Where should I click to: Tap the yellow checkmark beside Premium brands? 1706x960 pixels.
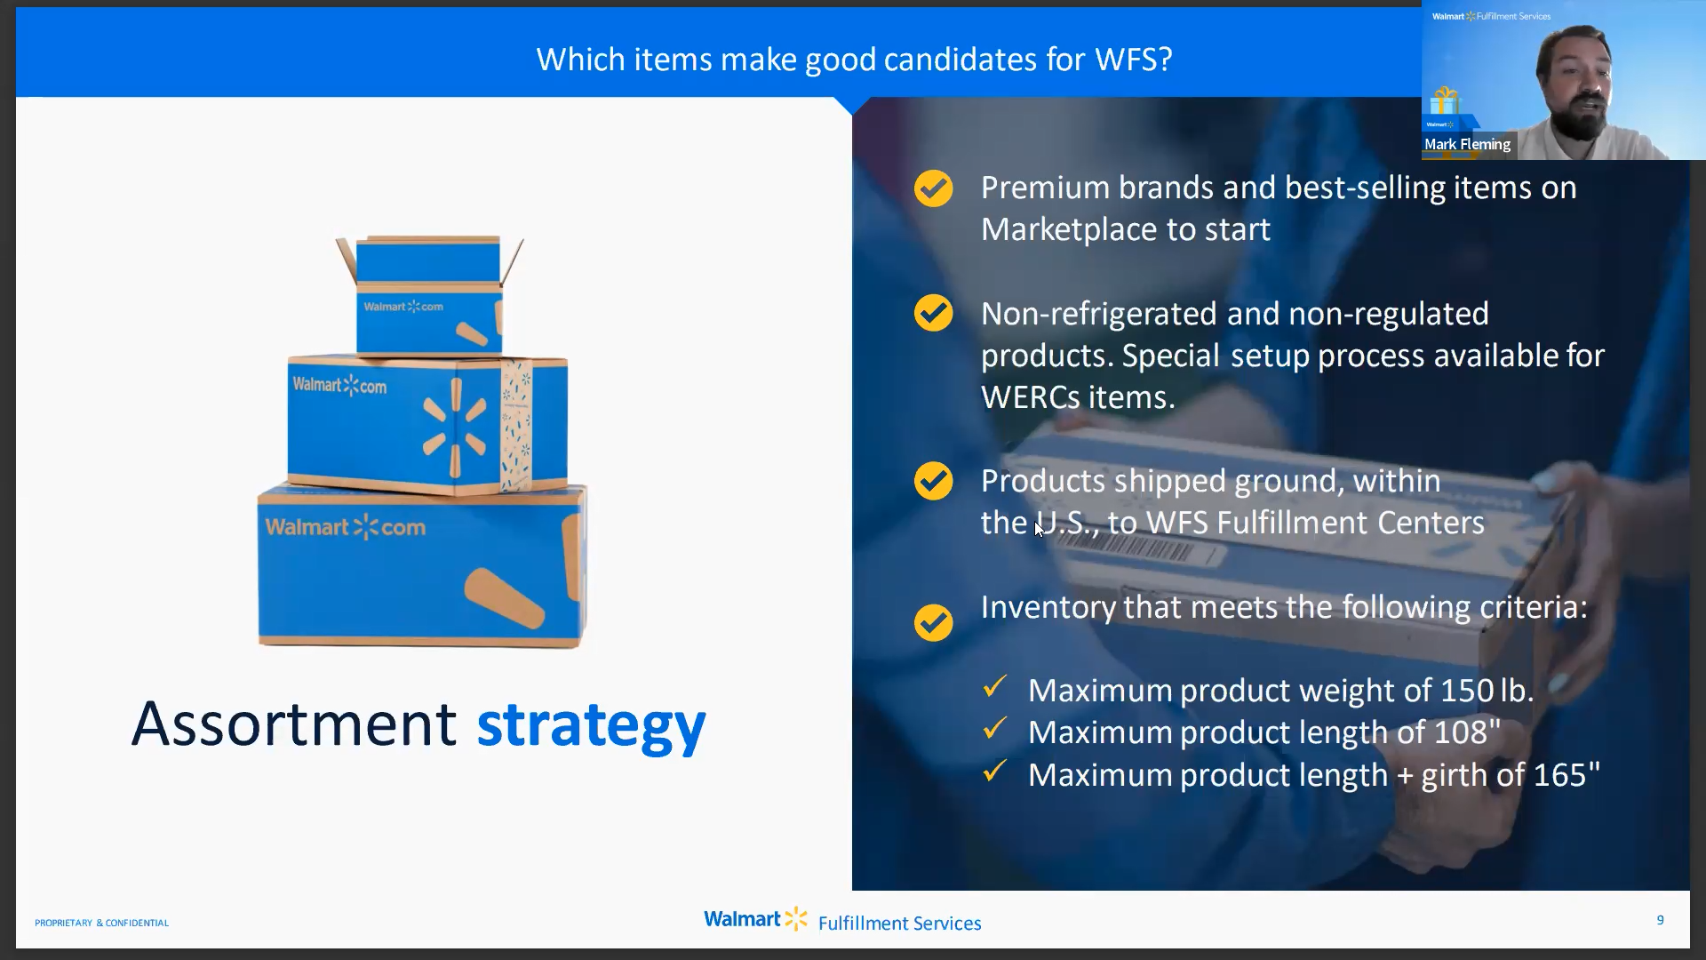point(933,188)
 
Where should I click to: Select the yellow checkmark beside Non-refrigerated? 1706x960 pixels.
point(933,313)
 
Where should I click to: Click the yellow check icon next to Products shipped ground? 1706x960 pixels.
point(933,481)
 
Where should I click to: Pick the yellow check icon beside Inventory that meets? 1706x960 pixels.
point(933,622)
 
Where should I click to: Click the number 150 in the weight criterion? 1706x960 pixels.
point(1467,691)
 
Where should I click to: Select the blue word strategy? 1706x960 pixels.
point(591,724)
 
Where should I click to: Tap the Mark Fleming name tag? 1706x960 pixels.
point(1467,144)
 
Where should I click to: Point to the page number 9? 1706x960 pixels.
point(1660,920)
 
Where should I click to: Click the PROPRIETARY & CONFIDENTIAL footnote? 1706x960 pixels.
point(101,923)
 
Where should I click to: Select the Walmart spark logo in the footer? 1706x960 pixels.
point(796,918)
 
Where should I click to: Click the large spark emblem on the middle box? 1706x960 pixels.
point(455,427)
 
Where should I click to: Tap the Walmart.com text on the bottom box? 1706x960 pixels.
point(345,527)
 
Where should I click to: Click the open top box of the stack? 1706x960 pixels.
point(428,293)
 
